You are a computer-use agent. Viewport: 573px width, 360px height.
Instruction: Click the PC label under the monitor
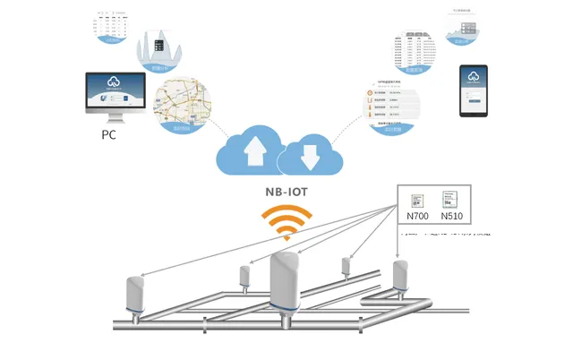pos(109,135)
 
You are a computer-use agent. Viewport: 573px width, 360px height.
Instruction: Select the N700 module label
pos(417,218)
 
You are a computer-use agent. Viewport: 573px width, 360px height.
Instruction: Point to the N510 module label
pos(456,218)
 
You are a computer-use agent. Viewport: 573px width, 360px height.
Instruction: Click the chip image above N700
pos(417,201)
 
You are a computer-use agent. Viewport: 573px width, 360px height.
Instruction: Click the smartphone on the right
pos(474,90)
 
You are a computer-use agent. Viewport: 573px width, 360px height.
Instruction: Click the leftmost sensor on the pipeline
pos(136,292)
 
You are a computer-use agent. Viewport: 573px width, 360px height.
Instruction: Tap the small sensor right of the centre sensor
pos(346,266)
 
